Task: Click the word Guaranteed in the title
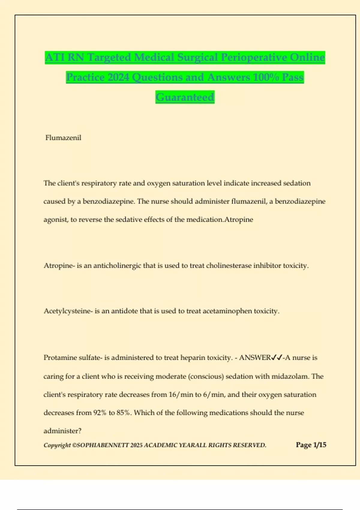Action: tap(185, 97)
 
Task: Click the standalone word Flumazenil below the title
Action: tap(63, 138)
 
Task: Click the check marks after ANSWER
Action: tap(277, 358)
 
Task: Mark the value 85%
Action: tap(124, 413)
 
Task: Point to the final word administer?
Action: tap(62, 431)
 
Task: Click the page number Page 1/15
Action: tap(311, 445)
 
